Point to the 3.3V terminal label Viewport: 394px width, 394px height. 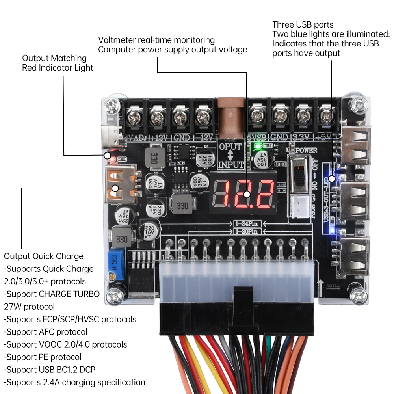301,138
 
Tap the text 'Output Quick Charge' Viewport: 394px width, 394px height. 43,256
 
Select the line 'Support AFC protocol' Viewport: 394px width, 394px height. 46,332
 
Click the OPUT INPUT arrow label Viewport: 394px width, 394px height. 230,155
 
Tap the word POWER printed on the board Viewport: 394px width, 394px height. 306,150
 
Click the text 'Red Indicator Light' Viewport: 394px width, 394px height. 58,67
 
